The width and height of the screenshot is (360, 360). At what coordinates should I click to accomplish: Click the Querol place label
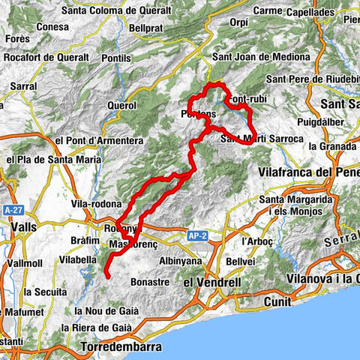pos(121,106)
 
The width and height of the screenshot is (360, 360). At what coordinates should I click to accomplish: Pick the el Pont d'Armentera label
pos(98,140)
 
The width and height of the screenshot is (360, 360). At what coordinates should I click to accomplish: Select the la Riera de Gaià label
pos(97,328)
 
